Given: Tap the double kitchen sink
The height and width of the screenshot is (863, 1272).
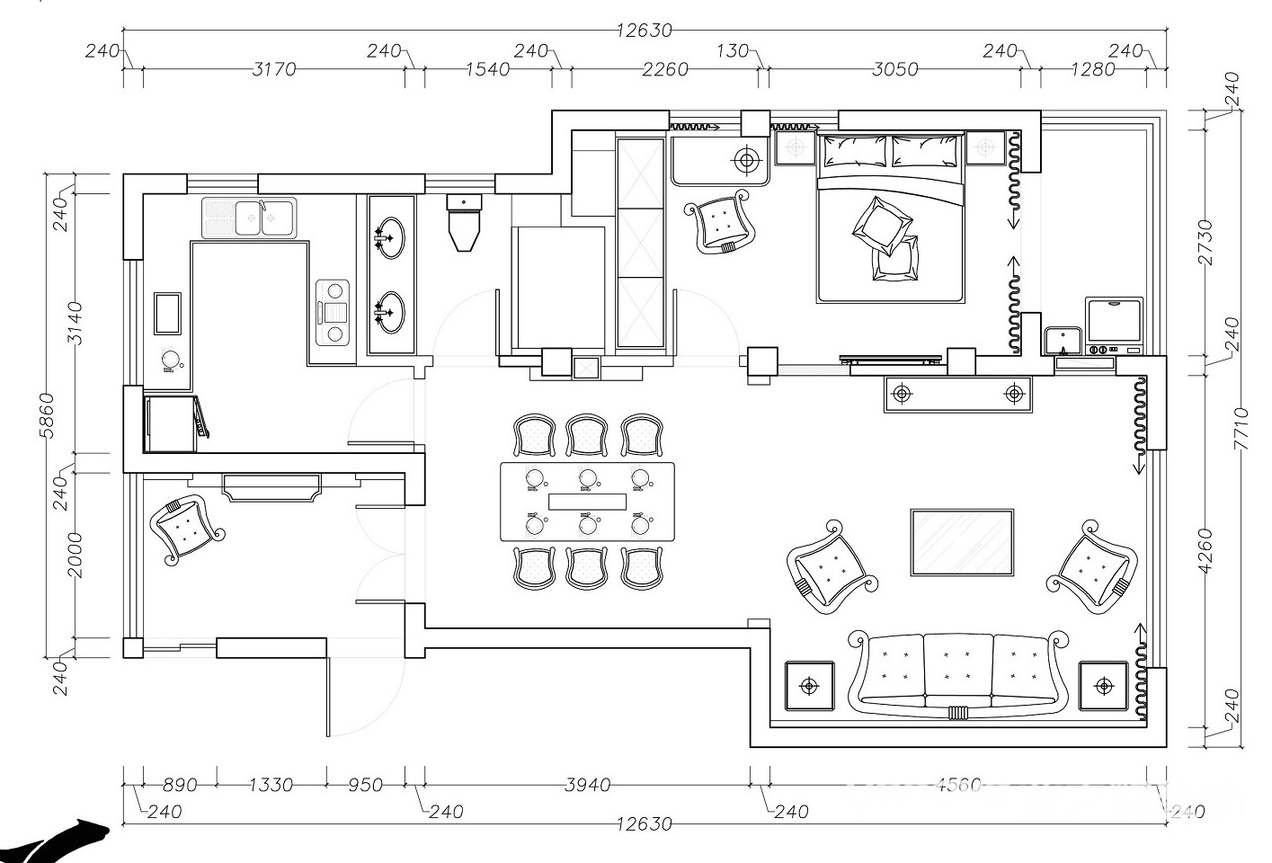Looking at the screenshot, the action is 249,218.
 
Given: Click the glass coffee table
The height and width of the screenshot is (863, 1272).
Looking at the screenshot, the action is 962,543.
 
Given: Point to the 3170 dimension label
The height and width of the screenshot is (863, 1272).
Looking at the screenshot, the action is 274,69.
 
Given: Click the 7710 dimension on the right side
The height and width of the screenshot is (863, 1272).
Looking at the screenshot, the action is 1241,429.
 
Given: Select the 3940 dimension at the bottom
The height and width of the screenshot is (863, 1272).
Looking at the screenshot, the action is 588,785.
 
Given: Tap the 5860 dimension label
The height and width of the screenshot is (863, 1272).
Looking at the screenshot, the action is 48,415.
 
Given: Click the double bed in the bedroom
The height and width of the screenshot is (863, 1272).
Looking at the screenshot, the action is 890,217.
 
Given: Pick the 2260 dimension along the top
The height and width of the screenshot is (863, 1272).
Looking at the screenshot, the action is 665,69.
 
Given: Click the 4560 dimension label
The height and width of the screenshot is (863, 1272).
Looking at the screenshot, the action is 958,785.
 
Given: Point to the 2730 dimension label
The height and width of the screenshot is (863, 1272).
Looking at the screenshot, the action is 1205,243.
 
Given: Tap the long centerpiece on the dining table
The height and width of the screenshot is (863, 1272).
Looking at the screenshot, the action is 587,502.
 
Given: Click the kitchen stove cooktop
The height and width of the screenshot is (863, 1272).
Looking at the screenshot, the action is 333,312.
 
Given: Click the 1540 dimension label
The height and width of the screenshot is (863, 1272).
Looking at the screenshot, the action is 488,69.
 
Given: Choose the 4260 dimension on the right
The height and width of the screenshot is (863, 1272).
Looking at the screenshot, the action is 1205,551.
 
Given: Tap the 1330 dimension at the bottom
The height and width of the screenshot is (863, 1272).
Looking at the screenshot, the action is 271,785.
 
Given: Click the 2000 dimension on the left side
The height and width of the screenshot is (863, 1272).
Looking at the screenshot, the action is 75,555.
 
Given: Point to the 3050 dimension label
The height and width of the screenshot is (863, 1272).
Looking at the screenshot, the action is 895,69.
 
